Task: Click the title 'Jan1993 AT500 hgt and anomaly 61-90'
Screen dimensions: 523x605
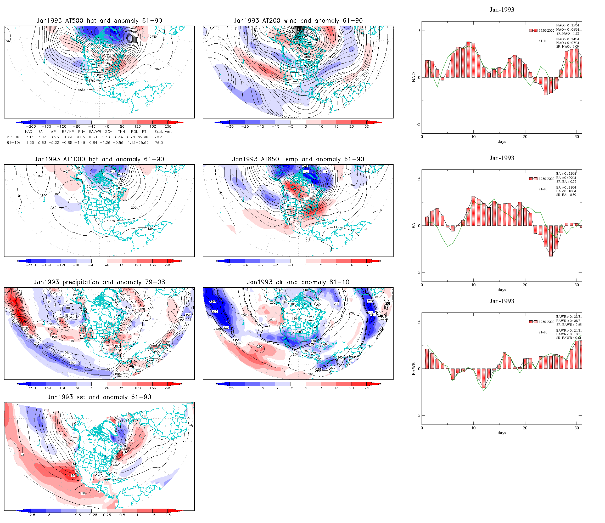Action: (x=99, y=20)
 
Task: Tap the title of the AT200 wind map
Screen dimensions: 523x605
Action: (x=298, y=20)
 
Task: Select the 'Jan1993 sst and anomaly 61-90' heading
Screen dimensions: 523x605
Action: (x=99, y=397)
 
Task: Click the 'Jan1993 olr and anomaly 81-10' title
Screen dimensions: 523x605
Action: (x=298, y=282)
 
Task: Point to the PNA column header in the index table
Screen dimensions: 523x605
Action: (x=81, y=132)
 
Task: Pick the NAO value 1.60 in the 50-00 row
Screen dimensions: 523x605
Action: (x=30, y=137)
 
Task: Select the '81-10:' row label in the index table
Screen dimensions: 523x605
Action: (x=13, y=143)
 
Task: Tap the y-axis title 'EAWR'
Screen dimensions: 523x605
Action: (x=413, y=369)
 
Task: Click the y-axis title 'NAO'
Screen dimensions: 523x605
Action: (x=413, y=77)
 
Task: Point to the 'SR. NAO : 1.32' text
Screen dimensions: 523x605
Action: (x=567, y=33)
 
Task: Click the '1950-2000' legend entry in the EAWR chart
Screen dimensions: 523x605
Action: (x=546, y=322)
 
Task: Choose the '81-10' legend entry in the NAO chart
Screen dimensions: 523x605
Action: (x=543, y=41)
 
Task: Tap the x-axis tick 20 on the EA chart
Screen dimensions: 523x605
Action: (x=525, y=285)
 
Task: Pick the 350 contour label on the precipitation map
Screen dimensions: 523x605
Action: (x=25, y=328)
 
